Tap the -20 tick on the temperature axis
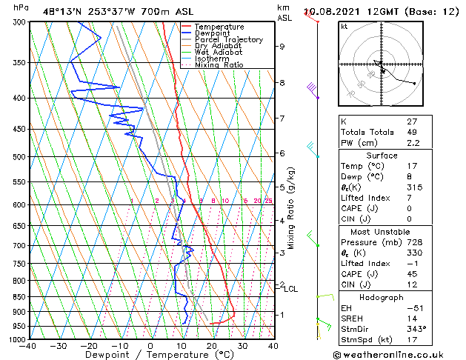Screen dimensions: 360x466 coord(89,345)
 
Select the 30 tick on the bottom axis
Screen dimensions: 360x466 coord(242,345)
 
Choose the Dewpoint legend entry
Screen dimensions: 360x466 coord(211,33)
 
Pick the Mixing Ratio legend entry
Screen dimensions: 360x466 coord(219,65)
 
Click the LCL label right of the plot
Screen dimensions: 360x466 coord(290,289)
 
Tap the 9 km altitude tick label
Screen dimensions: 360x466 coord(282,47)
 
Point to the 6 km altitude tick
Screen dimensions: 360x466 coord(282,153)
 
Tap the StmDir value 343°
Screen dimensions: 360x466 coord(416,329)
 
